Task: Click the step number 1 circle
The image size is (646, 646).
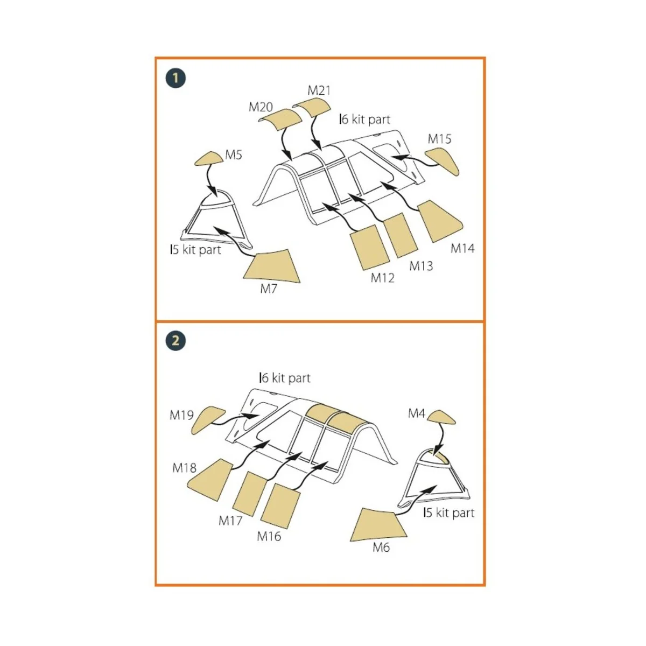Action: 175,79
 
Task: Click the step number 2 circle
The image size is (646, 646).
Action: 175,341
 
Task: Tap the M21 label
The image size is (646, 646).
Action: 319,90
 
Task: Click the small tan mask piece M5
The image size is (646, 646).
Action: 209,158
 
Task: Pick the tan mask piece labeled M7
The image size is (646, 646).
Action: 271,266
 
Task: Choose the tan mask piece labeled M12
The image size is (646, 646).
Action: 369,247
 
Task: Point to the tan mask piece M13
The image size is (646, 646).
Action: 401,235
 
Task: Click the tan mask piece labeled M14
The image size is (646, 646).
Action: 440,221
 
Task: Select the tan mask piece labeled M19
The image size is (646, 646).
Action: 207,420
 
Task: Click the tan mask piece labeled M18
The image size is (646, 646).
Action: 209,480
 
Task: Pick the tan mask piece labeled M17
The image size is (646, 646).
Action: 250,494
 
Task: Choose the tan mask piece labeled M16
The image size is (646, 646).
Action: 280,506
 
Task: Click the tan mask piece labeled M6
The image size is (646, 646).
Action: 378,525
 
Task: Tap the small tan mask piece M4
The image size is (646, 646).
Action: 442,417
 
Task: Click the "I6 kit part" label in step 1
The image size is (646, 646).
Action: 365,120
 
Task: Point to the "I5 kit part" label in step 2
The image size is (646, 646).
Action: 449,512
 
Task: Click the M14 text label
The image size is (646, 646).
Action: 462,248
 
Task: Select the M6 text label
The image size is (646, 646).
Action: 381,548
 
